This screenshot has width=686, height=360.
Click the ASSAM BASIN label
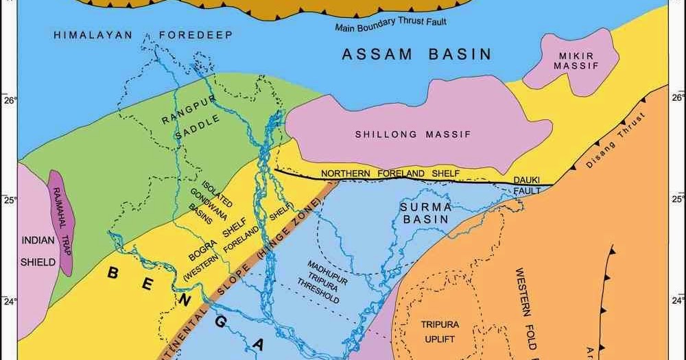(417, 54)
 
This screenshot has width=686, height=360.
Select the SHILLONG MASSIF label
(413, 134)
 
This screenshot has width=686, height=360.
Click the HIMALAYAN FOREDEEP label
(143, 34)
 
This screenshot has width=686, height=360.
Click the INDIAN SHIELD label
(38, 251)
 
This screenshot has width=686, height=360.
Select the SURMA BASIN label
(425, 213)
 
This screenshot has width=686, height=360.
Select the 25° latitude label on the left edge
(9, 200)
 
